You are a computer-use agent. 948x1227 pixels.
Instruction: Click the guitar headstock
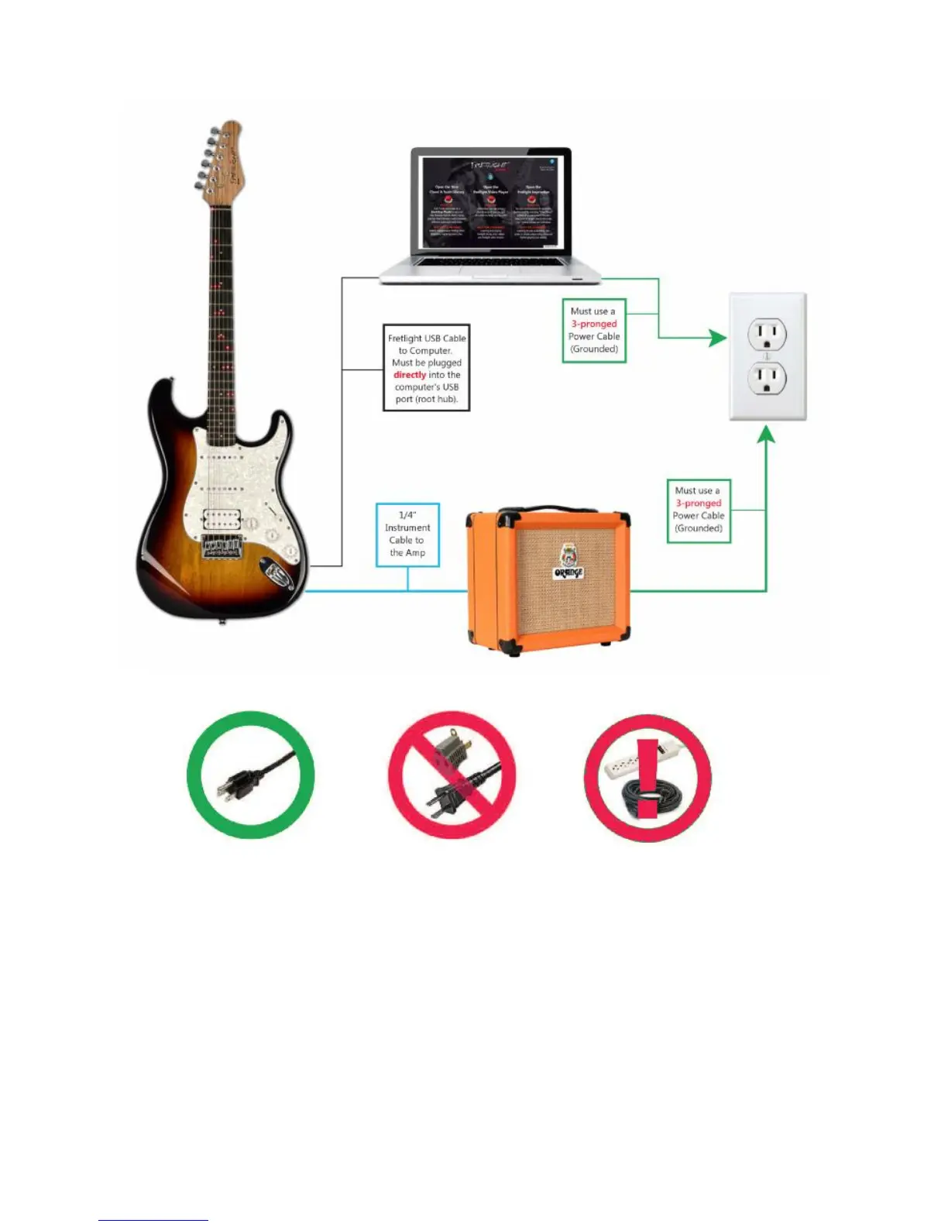click(x=222, y=158)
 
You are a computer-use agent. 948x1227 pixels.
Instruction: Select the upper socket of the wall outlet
click(x=767, y=335)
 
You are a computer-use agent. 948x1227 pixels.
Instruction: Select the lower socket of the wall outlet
click(x=767, y=380)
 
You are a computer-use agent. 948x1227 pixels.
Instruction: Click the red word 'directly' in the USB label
click(x=410, y=375)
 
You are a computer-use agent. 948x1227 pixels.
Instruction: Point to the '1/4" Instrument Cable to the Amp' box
click(x=407, y=534)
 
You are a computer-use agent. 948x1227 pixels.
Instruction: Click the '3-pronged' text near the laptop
click(x=594, y=324)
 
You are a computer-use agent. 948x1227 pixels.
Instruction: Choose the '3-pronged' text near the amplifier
click(x=698, y=503)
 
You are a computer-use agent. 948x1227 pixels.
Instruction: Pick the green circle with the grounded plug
click(x=250, y=775)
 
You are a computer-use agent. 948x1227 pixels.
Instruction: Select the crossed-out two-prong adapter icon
click(x=452, y=775)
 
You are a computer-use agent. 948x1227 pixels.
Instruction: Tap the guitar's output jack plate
click(x=277, y=575)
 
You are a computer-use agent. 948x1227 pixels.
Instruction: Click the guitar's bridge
click(x=222, y=547)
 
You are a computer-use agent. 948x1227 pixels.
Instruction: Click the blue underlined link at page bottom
click(x=153, y=1220)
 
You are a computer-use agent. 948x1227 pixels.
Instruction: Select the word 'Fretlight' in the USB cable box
click(x=404, y=339)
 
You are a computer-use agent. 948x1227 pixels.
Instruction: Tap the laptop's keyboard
click(x=489, y=263)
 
